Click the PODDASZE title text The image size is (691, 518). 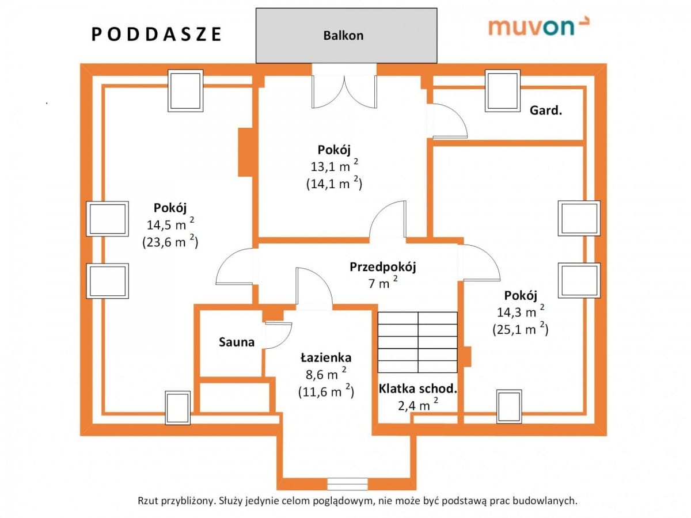click(157, 35)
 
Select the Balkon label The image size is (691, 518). click(343, 35)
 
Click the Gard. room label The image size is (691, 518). click(545, 111)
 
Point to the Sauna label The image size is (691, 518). click(236, 342)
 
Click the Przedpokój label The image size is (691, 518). click(382, 267)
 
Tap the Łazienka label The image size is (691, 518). click(325, 357)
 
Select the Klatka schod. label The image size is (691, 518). click(417, 389)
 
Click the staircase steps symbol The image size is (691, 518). click(417, 342)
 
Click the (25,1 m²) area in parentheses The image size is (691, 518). click(520, 329)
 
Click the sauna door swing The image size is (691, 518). click(278, 336)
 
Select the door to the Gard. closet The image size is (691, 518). click(450, 121)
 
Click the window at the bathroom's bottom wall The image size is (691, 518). click(347, 483)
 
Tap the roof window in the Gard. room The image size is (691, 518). click(503, 90)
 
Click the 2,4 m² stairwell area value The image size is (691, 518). click(417, 405)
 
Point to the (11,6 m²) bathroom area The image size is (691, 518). click(325, 391)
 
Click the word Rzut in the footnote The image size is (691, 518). click(146, 501)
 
